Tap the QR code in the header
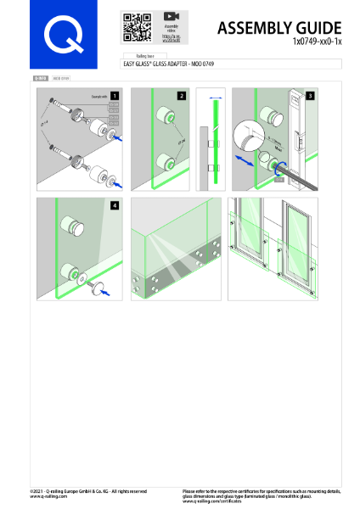[136, 28]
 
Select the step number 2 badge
[180, 96]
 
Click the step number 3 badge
[311, 96]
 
